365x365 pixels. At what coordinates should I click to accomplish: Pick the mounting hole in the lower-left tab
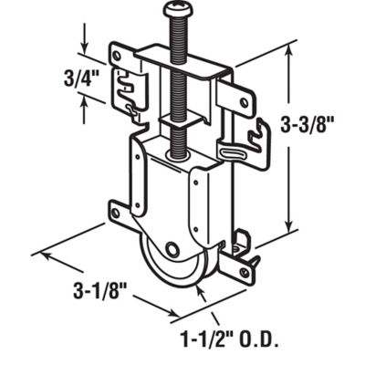click(116, 212)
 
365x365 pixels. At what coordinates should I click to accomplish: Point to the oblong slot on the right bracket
click(235, 151)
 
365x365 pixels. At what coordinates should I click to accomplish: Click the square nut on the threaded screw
click(174, 118)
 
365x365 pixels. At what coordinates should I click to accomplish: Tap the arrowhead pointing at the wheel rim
click(203, 293)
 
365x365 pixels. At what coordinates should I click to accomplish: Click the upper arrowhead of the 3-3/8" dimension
click(290, 53)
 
